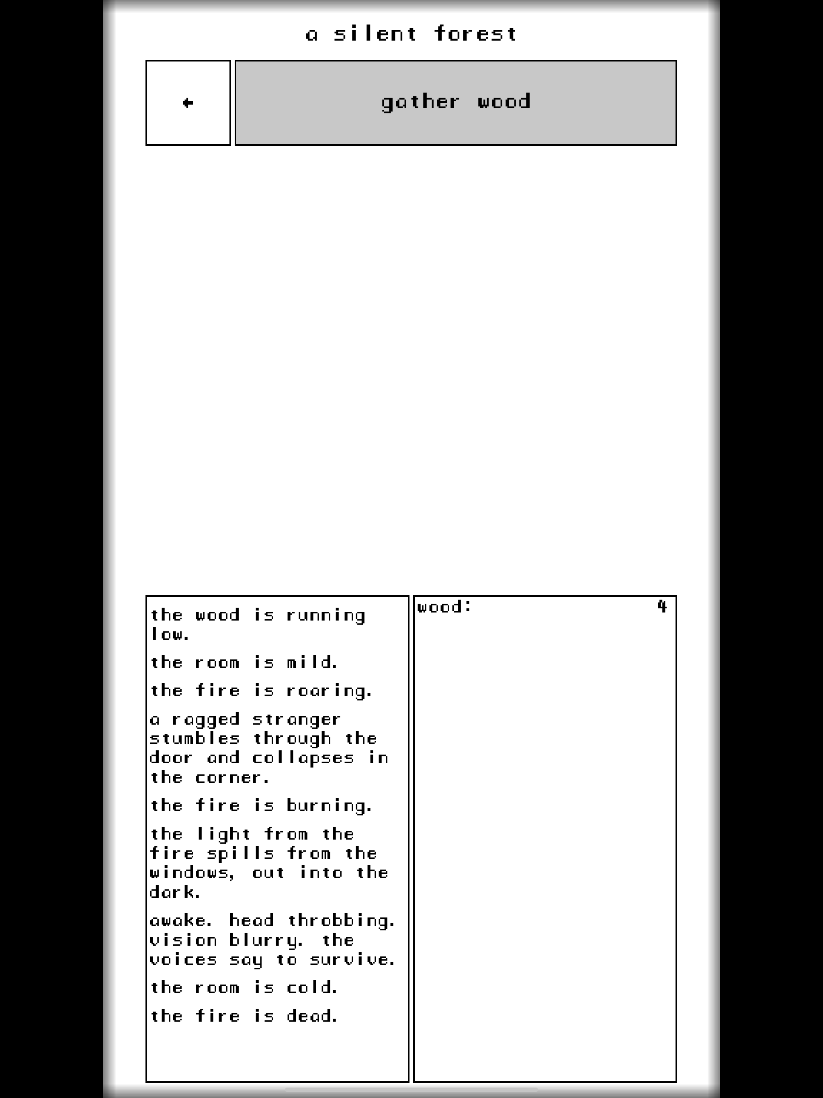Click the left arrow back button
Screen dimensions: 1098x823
(x=188, y=103)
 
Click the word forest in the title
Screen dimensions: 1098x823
(x=475, y=34)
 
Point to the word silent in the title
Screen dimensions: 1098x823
(x=375, y=34)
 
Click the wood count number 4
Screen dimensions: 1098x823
(x=662, y=606)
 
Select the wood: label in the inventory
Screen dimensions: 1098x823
(x=444, y=606)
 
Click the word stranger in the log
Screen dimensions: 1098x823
(x=296, y=720)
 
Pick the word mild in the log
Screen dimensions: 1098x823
(x=312, y=662)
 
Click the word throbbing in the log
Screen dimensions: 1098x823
(x=341, y=921)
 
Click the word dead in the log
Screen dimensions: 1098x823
(x=312, y=1016)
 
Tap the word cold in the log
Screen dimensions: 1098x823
(x=312, y=987)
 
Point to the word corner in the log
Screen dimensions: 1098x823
(x=232, y=778)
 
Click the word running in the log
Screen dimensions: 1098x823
(x=326, y=616)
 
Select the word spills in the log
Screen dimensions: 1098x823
(x=240, y=854)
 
